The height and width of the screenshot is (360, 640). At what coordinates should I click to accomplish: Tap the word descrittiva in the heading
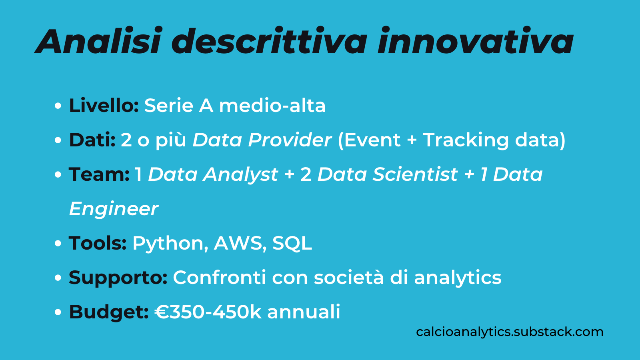pyautogui.click(x=269, y=42)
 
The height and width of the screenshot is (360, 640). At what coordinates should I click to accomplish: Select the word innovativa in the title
pyautogui.click(x=475, y=42)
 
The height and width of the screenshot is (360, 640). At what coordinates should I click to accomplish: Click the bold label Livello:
pyautogui.click(x=104, y=106)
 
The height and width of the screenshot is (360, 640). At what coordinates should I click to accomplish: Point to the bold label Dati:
pyautogui.click(x=92, y=140)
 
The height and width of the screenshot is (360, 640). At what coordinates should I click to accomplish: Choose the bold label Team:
pyautogui.click(x=99, y=174)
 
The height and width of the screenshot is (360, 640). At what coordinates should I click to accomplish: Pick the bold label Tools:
pyautogui.click(x=98, y=243)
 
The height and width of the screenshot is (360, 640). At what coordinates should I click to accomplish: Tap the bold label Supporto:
pyautogui.click(x=118, y=278)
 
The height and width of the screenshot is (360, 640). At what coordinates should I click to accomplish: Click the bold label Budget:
pyautogui.click(x=109, y=312)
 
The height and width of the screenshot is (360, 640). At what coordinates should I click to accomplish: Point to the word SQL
pyautogui.click(x=292, y=243)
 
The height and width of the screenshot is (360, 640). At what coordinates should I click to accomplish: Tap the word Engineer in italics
pyautogui.click(x=114, y=209)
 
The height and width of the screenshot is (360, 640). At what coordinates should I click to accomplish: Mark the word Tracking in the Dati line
pyautogui.click(x=466, y=140)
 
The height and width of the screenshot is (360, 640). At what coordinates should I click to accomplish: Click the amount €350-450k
pyautogui.click(x=208, y=312)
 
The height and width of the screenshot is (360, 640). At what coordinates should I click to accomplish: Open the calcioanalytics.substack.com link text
pyautogui.click(x=510, y=332)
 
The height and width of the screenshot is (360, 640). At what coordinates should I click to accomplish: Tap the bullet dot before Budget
pyautogui.click(x=58, y=312)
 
